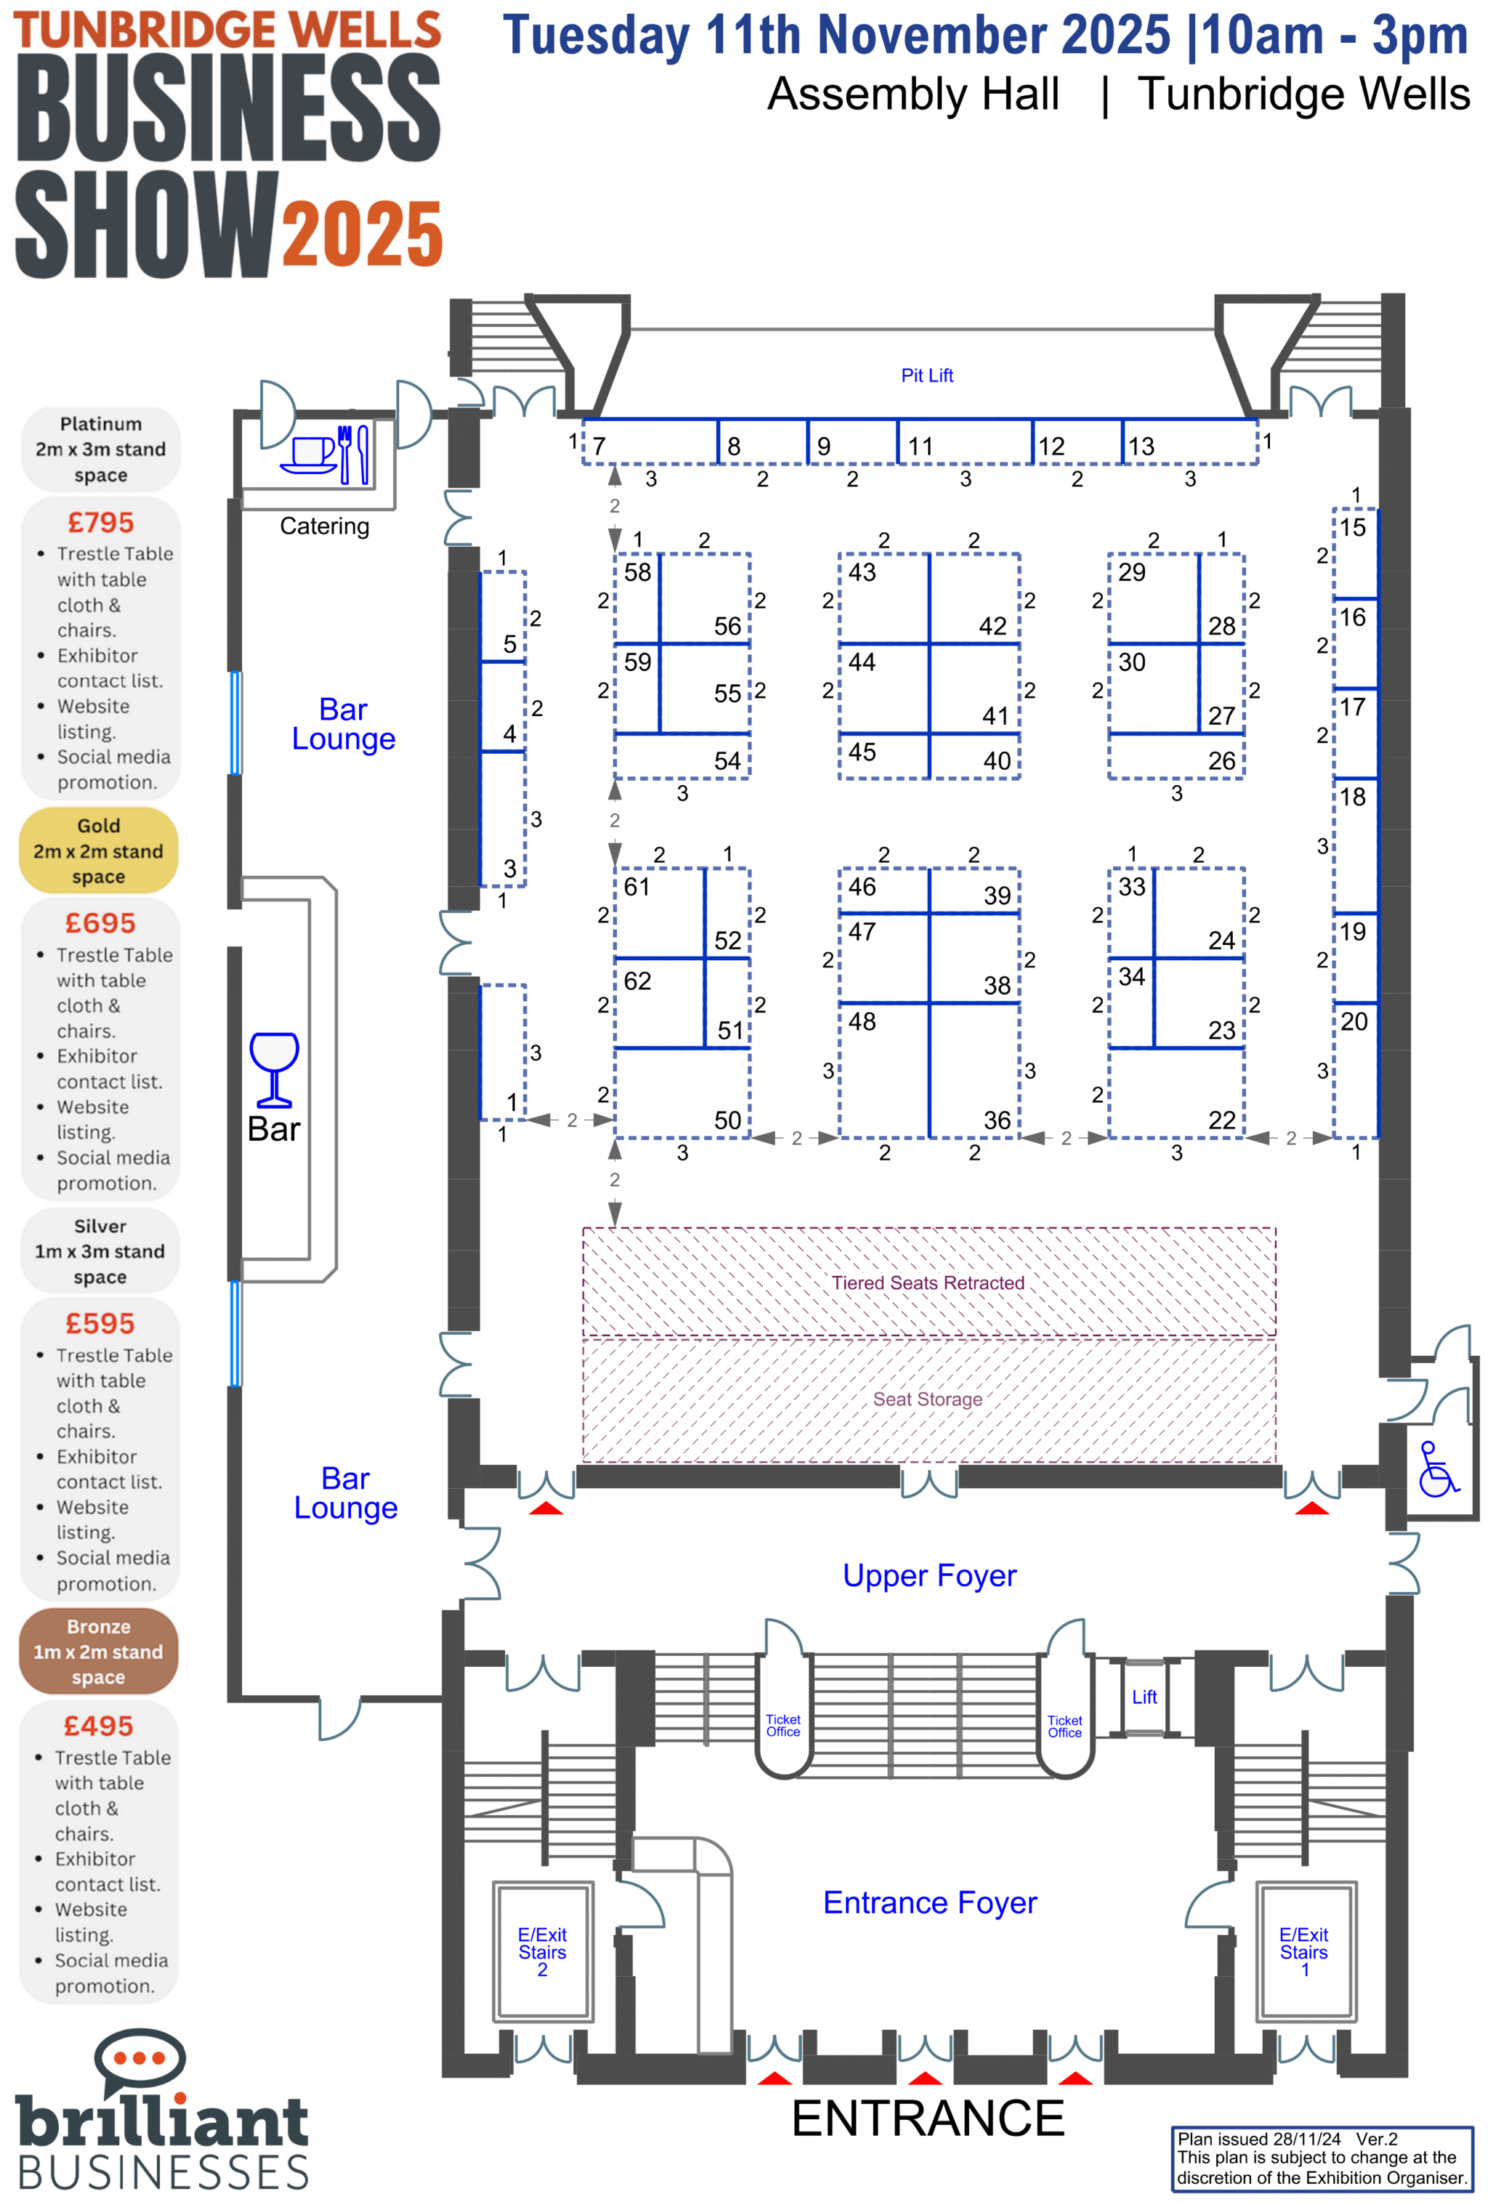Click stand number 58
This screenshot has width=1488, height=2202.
(637, 572)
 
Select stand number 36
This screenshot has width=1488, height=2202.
(996, 1120)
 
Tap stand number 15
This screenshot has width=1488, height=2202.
(1352, 528)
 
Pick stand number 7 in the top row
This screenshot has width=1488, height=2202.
(599, 446)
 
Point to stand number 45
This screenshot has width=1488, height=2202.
(862, 752)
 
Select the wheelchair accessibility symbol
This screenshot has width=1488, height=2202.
(1437, 1470)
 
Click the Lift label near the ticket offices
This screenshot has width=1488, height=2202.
(1144, 1697)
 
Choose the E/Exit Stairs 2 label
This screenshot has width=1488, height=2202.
(542, 1952)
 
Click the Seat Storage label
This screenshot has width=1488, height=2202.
(927, 1399)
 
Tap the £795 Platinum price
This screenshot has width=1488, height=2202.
(100, 522)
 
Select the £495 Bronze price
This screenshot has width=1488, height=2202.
(99, 1726)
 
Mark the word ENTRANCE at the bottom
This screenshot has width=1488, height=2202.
(928, 2118)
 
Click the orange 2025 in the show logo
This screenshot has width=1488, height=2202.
(362, 234)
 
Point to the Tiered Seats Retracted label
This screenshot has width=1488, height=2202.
(927, 1283)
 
